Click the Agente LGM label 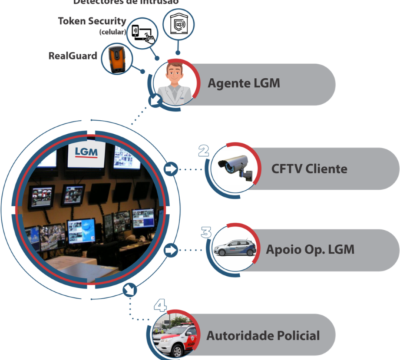243,84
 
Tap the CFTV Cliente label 309,169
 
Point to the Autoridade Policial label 263,335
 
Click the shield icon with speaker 179,25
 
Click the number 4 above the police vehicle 160,305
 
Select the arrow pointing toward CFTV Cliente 170,169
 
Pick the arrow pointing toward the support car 171,251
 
